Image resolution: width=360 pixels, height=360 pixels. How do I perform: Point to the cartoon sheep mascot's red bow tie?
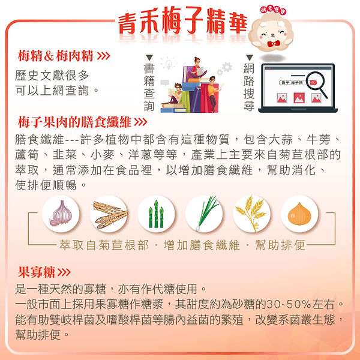275,44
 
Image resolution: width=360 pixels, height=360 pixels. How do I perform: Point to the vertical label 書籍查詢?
149,88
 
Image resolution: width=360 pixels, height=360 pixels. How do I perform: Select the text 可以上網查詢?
56,91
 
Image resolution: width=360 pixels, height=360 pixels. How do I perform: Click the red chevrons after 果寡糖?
65,272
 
